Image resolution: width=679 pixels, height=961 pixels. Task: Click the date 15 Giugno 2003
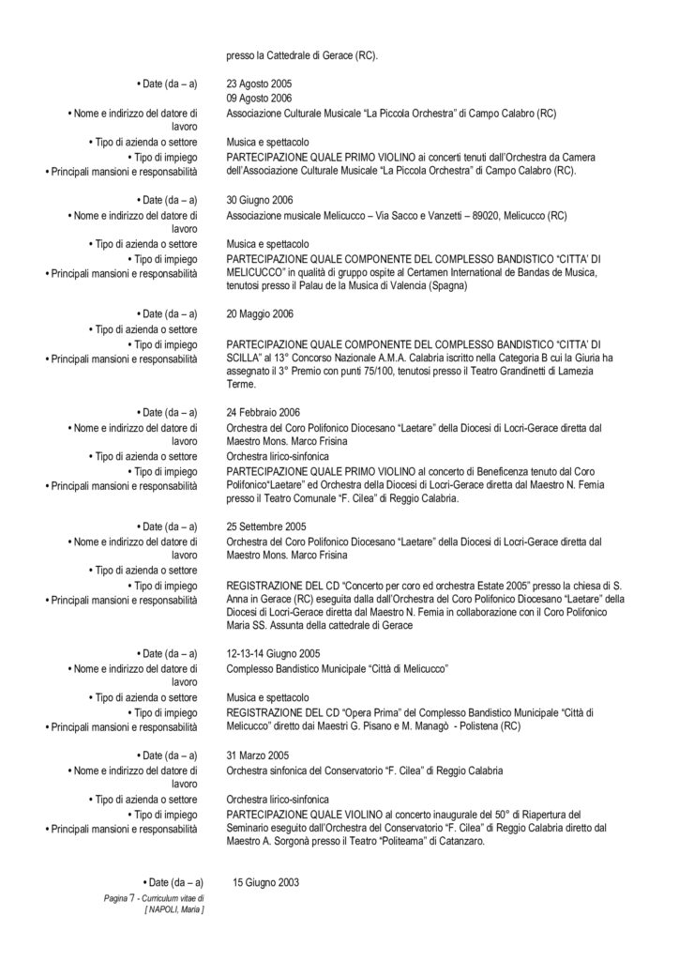pos(265,882)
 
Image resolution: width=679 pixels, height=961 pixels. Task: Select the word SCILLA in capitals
pos(245,358)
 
